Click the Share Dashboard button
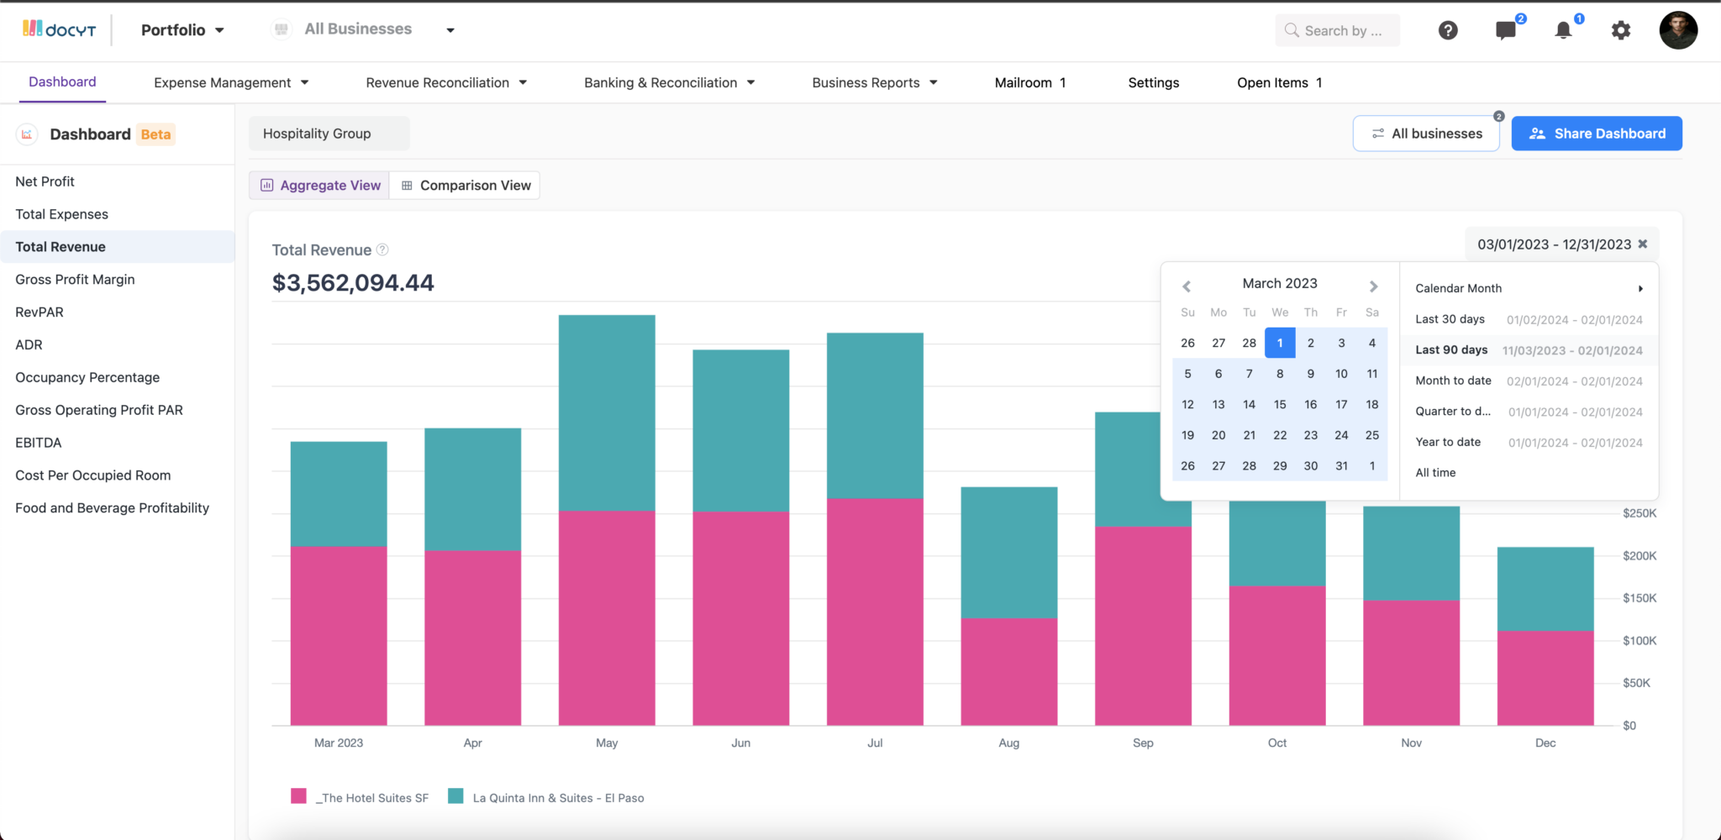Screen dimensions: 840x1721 1596,134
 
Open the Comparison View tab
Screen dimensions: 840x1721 466,186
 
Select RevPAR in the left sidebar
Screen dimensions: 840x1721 39,312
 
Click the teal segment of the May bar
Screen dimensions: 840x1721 606,412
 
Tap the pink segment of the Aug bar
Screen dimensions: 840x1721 1008,671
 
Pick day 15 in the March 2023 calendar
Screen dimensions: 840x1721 1279,404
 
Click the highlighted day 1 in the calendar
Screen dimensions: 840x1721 1279,343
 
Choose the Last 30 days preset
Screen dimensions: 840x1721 1450,319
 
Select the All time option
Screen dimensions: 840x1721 1435,473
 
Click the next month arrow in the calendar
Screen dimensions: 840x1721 1373,286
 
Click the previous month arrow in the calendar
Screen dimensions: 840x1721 1187,286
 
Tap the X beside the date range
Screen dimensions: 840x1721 1642,244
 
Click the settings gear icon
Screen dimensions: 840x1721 1620,30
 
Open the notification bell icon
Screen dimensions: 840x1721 1562,30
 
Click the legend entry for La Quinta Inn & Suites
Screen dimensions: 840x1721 557,798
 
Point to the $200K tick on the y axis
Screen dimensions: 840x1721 1639,555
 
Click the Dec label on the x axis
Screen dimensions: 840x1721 1545,743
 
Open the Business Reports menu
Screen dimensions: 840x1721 874,82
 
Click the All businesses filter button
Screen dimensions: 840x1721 1426,134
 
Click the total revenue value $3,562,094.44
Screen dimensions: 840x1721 353,283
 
